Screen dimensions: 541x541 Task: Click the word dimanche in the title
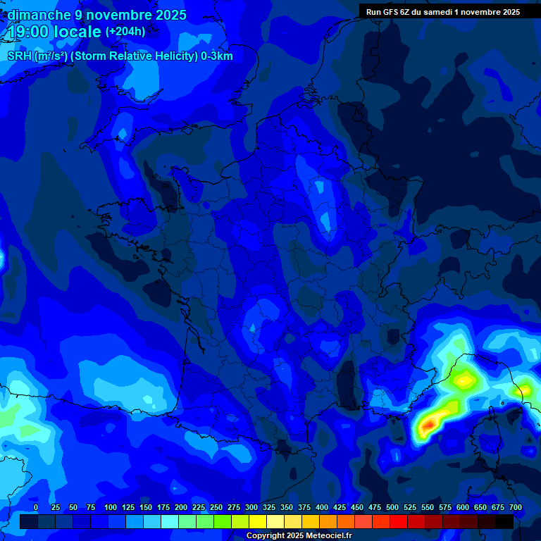[x=39, y=15]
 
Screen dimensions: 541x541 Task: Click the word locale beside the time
[x=79, y=32]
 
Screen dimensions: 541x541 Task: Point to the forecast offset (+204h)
[x=125, y=32]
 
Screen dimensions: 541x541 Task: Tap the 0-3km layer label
[x=217, y=56]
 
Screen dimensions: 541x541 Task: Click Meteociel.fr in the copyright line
[x=325, y=536]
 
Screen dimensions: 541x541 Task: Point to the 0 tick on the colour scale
[x=36, y=507]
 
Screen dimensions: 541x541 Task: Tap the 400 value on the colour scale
[x=322, y=507]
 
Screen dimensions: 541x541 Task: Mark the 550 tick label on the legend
[x=428, y=507]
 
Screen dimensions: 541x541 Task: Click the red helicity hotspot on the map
[x=427, y=425]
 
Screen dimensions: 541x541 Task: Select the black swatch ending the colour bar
[x=504, y=521]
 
